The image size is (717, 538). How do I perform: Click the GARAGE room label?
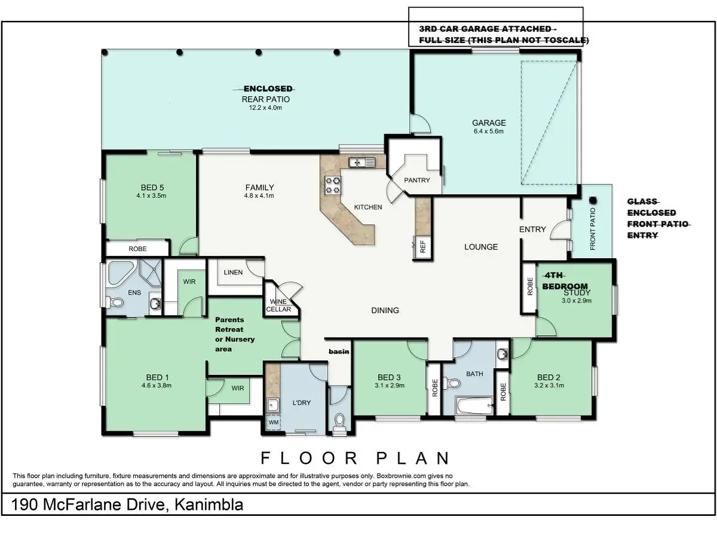(489, 123)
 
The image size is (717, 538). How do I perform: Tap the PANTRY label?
(416, 180)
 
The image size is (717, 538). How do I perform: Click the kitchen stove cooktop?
(332, 185)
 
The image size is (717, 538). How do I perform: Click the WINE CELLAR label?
(279, 305)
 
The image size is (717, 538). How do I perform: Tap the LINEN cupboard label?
(233, 273)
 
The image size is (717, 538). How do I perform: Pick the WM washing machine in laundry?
(274, 423)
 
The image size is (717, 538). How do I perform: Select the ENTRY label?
(532, 229)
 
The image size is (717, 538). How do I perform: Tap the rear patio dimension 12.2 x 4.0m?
(265, 108)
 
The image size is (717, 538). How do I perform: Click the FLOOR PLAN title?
(355, 458)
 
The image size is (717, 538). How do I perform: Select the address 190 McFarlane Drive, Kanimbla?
(128, 505)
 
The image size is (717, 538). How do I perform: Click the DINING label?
(385, 310)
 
